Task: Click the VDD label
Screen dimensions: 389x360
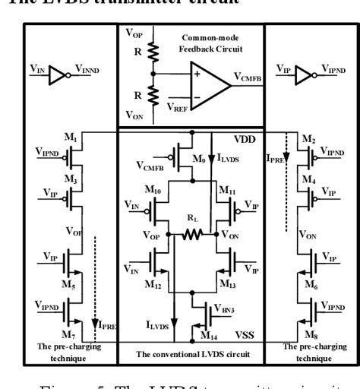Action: (x=243, y=141)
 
